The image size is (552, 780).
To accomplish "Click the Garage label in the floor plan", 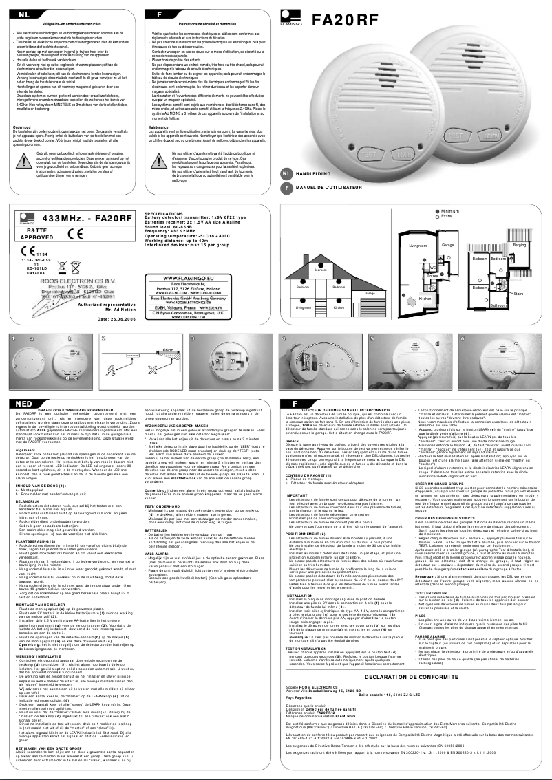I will click(448, 245).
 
